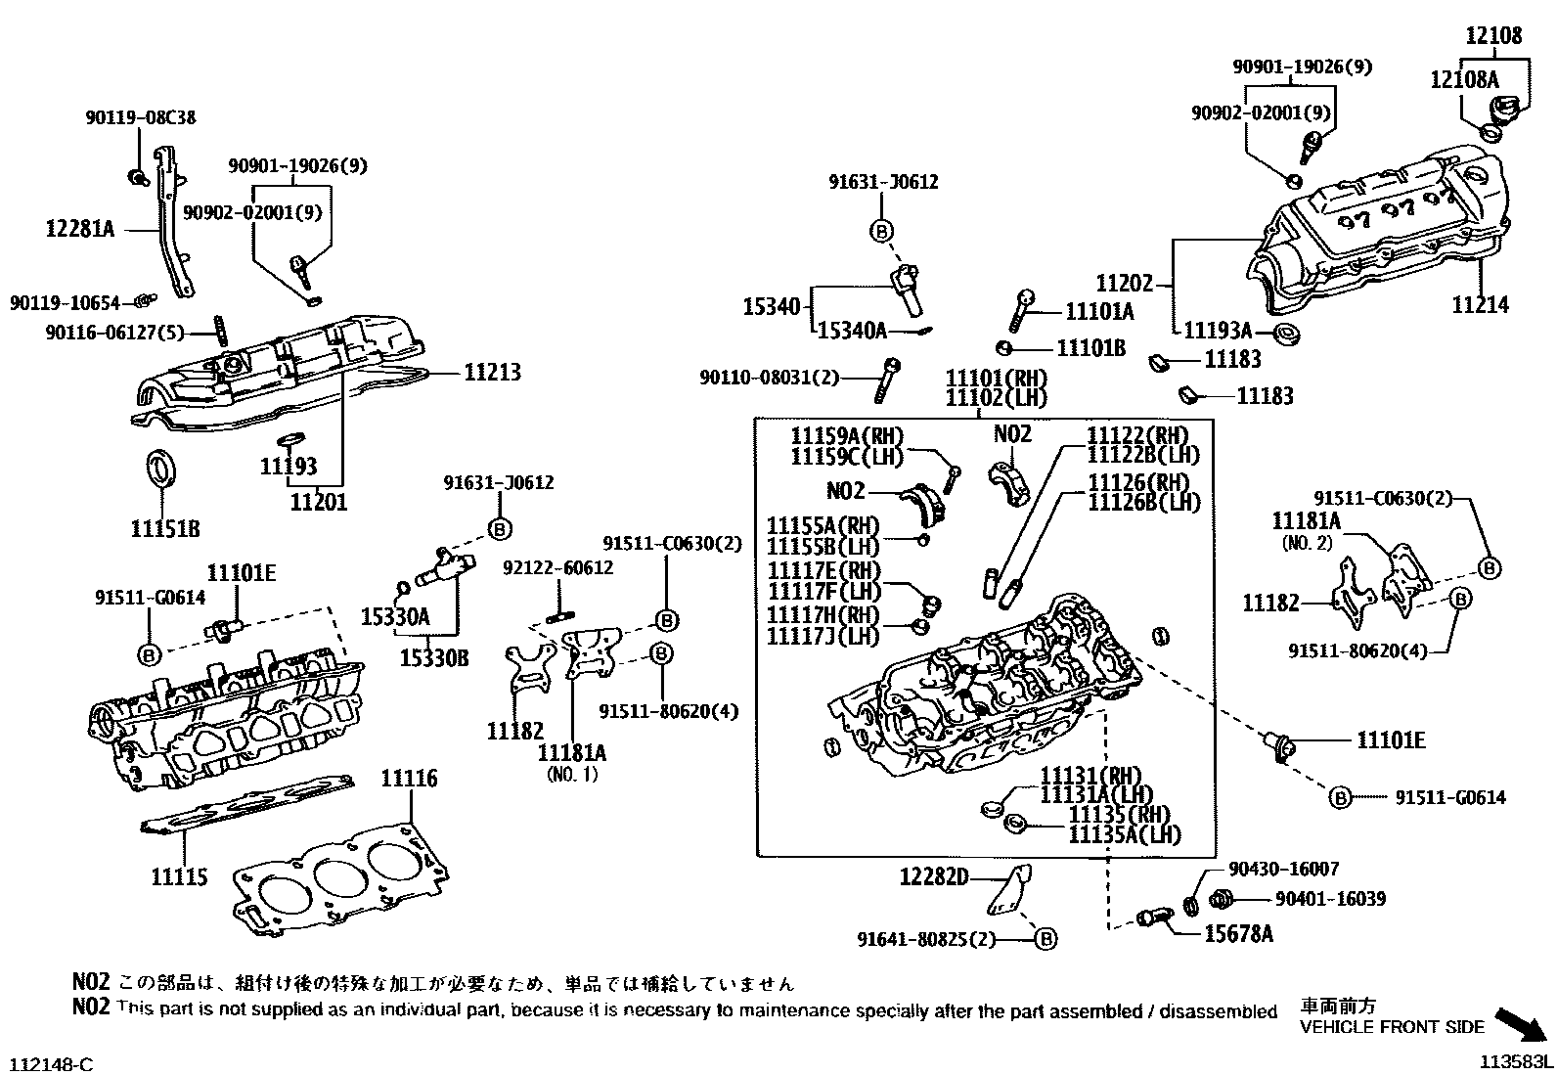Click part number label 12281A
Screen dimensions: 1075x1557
click(x=80, y=230)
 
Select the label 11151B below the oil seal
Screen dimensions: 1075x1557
click(x=165, y=529)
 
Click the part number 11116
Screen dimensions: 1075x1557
click(x=409, y=780)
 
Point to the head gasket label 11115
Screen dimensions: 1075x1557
click(x=180, y=876)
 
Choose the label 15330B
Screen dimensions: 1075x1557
click(x=433, y=659)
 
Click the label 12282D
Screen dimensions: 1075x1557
click(x=933, y=877)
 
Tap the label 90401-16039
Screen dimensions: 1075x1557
click(x=1330, y=899)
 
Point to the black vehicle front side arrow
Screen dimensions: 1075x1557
click(x=1523, y=1024)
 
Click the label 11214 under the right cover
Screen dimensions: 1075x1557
click(x=1481, y=305)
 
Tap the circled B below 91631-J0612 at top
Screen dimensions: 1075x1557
click(x=881, y=231)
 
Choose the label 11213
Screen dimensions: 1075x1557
click(x=492, y=372)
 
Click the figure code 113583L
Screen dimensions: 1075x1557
click(x=1515, y=1061)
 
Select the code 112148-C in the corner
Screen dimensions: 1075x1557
click(x=52, y=1063)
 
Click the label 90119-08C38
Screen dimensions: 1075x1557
click(x=139, y=118)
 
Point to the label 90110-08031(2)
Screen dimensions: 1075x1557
click(x=770, y=378)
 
